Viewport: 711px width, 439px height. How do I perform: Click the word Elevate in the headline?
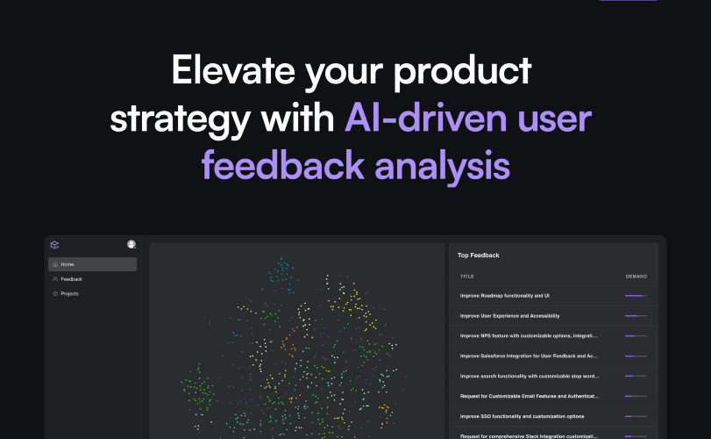[x=233, y=70]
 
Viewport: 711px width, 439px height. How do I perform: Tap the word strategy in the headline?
[x=180, y=119]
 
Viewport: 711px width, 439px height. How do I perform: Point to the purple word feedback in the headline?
[x=283, y=165]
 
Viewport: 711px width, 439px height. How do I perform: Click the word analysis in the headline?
[x=442, y=167]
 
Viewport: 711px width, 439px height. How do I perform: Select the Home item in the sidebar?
[x=93, y=264]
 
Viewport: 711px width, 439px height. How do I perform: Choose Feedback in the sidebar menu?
[x=71, y=279]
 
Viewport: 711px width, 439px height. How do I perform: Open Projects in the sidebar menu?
[x=69, y=294]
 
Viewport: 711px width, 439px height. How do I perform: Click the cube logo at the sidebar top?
[x=55, y=245]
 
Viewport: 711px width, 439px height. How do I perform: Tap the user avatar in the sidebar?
[x=132, y=245]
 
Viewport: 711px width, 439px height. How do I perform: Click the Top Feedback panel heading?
[x=479, y=255]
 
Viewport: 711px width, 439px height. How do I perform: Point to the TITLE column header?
[x=467, y=277]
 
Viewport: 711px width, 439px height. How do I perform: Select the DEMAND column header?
[x=636, y=277]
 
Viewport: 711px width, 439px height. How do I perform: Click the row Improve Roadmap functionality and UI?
[x=505, y=296]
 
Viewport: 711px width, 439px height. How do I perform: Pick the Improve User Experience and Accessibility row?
[x=509, y=316]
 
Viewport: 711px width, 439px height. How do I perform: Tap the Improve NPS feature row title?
[x=529, y=336]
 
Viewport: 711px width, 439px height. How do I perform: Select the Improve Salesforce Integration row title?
[x=529, y=356]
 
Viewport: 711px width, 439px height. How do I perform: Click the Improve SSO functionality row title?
[x=522, y=416]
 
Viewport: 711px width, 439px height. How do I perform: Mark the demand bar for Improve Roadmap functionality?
[x=636, y=296]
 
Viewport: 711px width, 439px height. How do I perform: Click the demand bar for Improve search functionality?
[x=636, y=376]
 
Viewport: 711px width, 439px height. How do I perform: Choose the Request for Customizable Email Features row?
[x=530, y=396]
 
